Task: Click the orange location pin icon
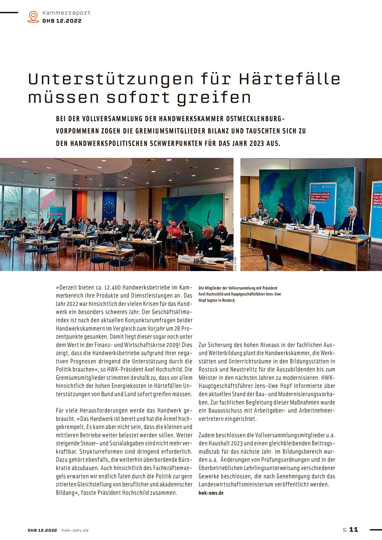[33, 16]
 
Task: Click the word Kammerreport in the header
[66, 13]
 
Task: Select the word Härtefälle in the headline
[289, 79]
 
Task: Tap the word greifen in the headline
[214, 97]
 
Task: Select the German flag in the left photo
[80, 205]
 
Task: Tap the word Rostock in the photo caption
[228, 300]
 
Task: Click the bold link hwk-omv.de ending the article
[211, 493]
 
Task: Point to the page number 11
[353, 530]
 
